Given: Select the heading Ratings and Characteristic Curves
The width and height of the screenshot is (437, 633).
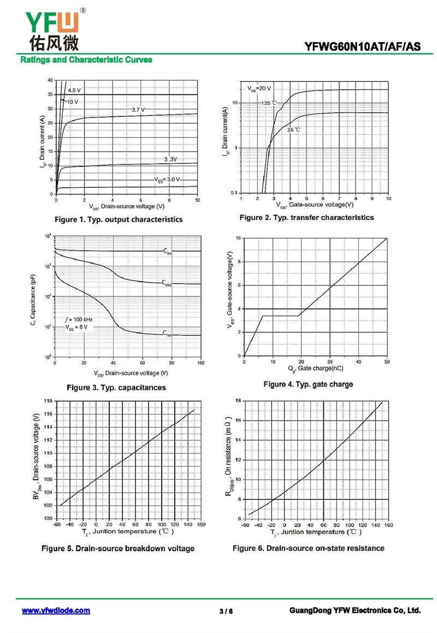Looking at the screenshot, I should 86,59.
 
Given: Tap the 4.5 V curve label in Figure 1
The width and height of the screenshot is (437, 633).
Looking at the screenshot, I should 74,90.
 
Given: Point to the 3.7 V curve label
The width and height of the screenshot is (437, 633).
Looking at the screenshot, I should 138,110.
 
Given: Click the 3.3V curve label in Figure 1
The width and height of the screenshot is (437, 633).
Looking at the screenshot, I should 170,159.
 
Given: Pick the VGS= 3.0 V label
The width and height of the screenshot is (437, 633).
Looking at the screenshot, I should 166,179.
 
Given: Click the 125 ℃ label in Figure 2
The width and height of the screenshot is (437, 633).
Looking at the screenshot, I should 268,103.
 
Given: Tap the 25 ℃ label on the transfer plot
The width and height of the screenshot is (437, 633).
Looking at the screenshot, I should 294,130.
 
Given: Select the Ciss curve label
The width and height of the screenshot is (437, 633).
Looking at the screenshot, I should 167,251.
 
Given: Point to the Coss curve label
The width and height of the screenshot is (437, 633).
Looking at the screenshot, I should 167,283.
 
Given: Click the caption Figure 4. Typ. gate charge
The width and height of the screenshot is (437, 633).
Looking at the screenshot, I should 308,384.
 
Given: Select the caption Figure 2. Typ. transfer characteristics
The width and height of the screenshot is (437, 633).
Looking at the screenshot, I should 306,217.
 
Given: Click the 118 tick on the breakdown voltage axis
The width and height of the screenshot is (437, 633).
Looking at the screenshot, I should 48,401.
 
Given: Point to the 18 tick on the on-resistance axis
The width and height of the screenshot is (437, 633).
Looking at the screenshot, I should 238,401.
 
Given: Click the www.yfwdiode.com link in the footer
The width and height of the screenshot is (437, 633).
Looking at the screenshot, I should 56,611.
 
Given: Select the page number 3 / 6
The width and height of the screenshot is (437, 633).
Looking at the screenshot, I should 226,611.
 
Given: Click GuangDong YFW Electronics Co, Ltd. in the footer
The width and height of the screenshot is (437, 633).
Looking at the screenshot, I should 355,611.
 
